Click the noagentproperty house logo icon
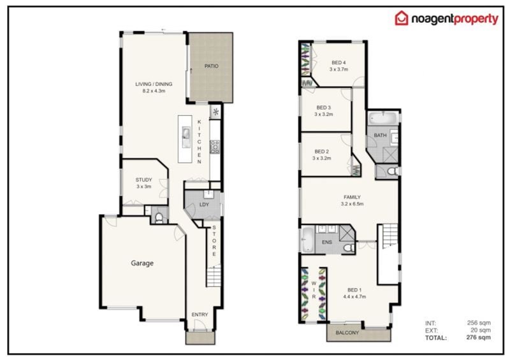[402, 18]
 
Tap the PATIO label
[212, 66]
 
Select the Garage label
[142, 263]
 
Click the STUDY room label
[144, 180]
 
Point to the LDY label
[204, 205]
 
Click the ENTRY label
[200, 315]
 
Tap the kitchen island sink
[186, 138]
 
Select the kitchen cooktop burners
[215, 147]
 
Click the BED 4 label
[339, 62]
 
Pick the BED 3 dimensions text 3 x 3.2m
[324, 114]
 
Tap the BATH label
[380, 135]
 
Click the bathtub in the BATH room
[383, 119]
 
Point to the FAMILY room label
[353, 197]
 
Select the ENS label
[326, 242]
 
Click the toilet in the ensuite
[349, 248]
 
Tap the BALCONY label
[347, 333]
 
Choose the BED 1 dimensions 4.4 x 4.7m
[354, 296]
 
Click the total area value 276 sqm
[479, 337]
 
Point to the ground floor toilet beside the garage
[159, 217]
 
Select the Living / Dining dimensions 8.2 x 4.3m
[154, 90]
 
